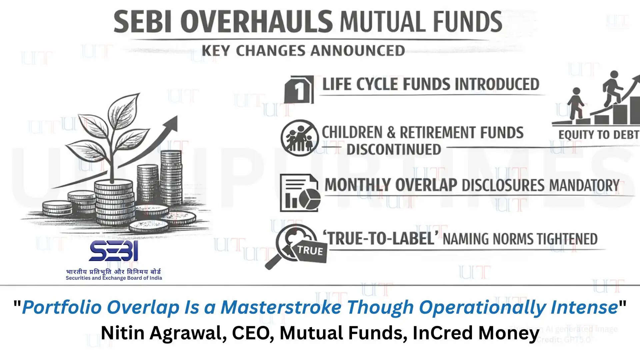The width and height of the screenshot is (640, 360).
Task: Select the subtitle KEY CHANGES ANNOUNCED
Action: (x=303, y=51)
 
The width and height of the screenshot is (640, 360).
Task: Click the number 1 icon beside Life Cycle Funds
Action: (x=299, y=90)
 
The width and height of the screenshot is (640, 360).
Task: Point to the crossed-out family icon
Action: (x=299, y=138)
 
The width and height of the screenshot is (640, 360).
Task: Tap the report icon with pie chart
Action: (x=299, y=193)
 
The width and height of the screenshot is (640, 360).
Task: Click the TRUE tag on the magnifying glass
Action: (x=310, y=251)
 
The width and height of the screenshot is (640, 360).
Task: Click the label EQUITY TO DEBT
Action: (x=599, y=135)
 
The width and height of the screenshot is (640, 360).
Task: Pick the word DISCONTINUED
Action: (x=394, y=149)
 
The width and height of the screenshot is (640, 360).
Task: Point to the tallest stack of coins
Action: (x=171, y=177)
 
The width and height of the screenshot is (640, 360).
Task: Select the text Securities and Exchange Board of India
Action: (x=114, y=278)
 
